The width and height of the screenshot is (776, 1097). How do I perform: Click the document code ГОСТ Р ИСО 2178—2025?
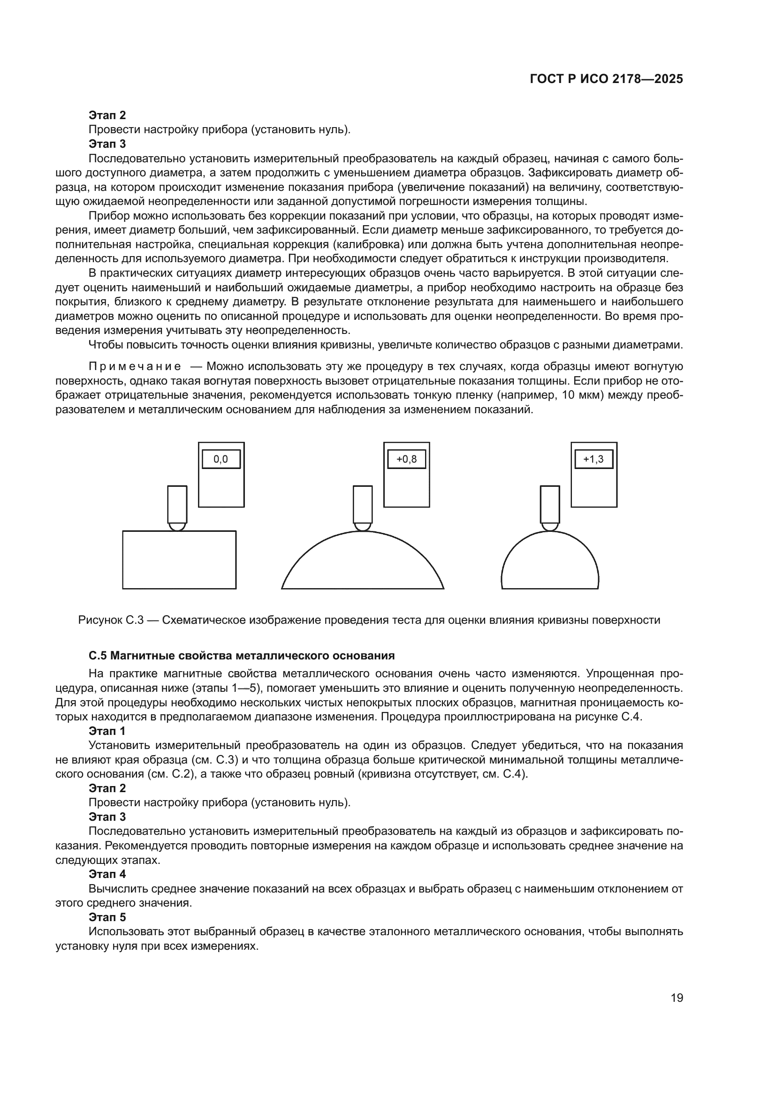606,79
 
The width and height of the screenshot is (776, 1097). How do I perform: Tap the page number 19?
677,998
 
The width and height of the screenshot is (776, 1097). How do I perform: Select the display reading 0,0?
221,459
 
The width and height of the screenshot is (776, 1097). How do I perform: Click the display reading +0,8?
406,459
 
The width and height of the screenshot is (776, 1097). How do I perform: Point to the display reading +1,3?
593,459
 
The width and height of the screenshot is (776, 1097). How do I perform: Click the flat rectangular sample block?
179,560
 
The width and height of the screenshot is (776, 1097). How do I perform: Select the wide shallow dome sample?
363,566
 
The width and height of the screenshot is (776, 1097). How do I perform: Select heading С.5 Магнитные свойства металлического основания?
241,656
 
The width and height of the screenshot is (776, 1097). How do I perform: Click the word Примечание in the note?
135,366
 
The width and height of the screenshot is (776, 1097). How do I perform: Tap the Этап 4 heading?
107,874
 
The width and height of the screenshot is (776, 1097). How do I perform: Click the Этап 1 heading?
107,731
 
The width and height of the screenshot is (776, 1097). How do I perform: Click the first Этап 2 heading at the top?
107,115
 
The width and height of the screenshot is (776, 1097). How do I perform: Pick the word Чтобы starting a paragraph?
106,345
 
